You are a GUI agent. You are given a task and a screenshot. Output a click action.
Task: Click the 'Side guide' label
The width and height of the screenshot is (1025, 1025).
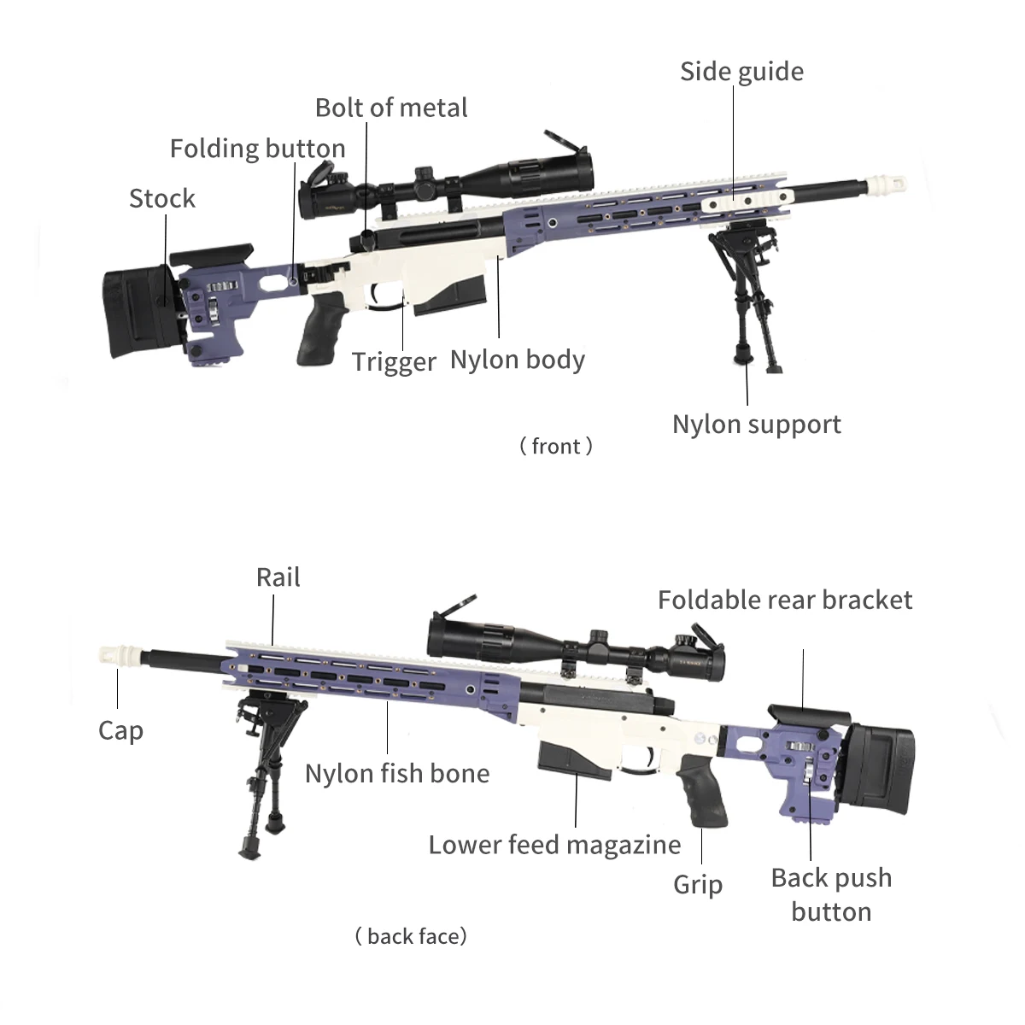[741, 72]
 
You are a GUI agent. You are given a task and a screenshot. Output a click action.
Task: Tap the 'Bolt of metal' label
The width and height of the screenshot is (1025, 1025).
[391, 108]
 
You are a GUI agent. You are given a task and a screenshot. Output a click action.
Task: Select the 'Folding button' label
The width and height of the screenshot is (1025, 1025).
[257, 149]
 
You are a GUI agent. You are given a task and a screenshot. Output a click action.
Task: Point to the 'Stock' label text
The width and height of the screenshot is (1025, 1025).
[162, 198]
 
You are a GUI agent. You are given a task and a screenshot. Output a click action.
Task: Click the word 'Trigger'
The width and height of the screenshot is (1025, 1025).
[394, 361]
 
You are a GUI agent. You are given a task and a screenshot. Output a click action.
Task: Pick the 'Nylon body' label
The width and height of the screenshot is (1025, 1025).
[517, 360]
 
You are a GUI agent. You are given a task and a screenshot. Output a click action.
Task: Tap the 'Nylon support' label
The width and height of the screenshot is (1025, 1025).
[756, 425]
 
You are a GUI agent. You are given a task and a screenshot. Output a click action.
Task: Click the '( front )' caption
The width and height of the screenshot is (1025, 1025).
[556, 446]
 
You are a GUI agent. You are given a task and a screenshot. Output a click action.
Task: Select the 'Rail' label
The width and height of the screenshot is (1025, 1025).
[278, 577]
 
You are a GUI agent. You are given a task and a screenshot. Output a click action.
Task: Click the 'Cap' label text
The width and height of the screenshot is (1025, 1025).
[120, 730]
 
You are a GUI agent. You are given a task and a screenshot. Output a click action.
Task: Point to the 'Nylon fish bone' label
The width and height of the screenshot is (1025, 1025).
[397, 774]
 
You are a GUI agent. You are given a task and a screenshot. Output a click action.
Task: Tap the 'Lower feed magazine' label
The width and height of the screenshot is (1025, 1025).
[554, 845]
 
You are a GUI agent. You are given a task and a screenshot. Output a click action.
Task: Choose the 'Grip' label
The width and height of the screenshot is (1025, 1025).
[698, 884]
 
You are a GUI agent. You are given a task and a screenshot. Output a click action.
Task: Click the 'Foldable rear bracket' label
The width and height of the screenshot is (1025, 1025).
[785, 600]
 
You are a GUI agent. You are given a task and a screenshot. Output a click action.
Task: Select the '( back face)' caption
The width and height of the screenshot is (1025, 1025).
[411, 936]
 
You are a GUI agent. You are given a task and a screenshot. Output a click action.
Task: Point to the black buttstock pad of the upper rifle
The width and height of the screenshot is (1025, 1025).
[139, 312]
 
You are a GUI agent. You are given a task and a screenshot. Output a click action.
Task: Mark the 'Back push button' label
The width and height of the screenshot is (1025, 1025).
[831, 894]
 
